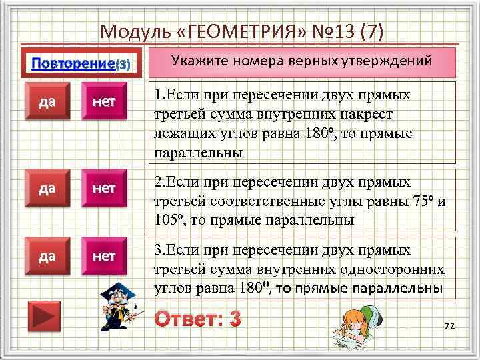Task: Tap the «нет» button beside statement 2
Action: point(104,189)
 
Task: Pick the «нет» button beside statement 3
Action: point(104,256)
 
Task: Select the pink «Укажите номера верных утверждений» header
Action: point(302,61)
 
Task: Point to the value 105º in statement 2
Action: point(167,219)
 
